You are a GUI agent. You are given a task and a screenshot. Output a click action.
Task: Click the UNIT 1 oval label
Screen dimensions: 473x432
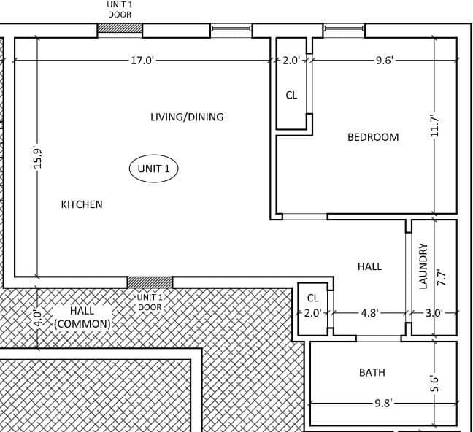coord(153,169)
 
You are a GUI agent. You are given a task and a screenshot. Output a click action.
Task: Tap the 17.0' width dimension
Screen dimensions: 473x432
coord(142,61)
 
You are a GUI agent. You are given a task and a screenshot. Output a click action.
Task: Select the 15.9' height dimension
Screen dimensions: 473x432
coord(38,158)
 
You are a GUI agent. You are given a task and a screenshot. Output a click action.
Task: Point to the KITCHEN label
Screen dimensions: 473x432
coord(82,204)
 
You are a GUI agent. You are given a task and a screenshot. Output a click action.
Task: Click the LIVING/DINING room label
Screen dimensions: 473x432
coord(187,117)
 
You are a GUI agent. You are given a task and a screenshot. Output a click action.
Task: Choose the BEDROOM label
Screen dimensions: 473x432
coord(373,137)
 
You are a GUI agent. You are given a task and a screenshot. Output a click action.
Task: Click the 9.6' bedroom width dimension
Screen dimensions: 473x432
coord(384,61)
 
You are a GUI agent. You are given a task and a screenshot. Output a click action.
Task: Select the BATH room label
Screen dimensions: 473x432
coord(372,372)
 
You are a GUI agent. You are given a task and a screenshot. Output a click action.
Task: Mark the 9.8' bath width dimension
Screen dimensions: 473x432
coord(383,403)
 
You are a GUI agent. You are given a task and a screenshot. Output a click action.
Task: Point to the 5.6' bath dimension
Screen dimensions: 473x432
coord(434,383)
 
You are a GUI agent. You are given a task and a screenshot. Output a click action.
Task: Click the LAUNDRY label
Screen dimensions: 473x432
coord(423,266)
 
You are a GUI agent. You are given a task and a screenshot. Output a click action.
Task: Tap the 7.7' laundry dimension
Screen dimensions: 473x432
coord(441,278)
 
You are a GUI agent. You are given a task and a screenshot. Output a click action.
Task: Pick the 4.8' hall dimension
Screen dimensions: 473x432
coord(370,313)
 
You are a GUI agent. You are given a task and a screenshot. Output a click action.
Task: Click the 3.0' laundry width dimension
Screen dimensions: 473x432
coord(434,313)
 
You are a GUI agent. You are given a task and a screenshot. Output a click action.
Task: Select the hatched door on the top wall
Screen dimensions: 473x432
coord(120,28)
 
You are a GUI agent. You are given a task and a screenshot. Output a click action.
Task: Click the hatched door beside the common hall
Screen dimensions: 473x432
coord(150,282)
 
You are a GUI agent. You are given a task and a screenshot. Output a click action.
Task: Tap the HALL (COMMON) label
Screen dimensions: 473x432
coord(82,317)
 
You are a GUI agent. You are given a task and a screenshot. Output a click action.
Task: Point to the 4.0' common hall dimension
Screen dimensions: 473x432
coord(38,317)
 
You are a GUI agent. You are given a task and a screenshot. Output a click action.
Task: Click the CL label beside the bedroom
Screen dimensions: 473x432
coord(291,96)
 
